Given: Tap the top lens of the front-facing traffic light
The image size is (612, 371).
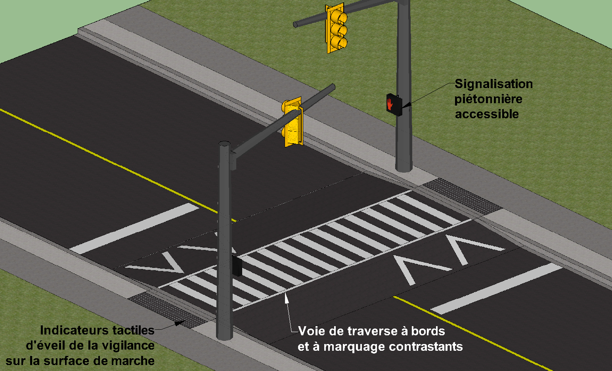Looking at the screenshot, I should (x=339, y=17).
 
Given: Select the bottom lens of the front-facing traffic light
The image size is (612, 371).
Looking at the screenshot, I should (x=340, y=42).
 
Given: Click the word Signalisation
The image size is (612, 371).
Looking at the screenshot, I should (x=493, y=84).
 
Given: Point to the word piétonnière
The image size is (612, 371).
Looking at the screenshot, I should (x=488, y=99).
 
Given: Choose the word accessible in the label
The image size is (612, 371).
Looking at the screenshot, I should (x=487, y=114).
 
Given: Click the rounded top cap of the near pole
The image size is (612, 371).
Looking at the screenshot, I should (x=225, y=143).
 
